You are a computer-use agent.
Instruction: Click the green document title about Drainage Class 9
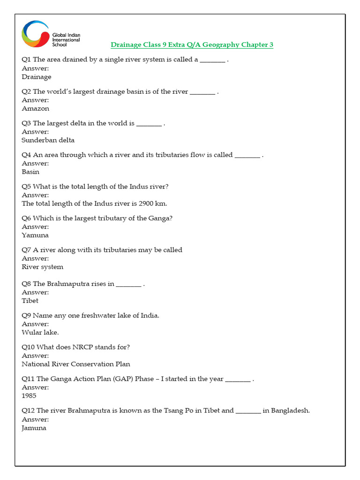click(x=192, y=45)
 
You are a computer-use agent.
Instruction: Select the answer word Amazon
click(x=35, y=108)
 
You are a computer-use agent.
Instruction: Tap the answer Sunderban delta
click(x=48, y=140)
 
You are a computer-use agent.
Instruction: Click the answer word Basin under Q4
click(x=30, y=172)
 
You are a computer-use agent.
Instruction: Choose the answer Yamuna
click(x=35, y=235)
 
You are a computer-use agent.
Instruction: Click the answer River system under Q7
click(x=42, y=267)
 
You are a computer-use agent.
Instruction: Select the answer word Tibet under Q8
click(x=30, y=300)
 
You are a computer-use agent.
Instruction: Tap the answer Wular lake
click(x=40, y=332)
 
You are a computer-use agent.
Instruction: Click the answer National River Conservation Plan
click(x=76, y=364)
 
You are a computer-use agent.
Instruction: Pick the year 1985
click(x=29, y=396)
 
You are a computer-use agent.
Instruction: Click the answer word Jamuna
click(x=34, y=428)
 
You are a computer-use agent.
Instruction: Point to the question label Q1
click(x=26, y=60)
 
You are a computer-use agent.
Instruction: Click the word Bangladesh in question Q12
click(x=290, y=411)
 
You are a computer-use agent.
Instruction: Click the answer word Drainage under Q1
click(x=37, y=77)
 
